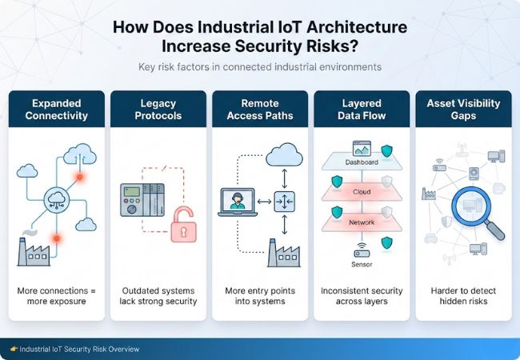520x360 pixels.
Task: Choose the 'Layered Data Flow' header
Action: click(x=361, y=109)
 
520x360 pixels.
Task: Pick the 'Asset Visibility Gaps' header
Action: click(x=462, y=109)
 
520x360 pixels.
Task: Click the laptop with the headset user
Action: click(x=237, y=200)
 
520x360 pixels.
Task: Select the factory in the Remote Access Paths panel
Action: click(x=285, y=250)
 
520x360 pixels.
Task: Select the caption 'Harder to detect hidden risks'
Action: click(x=462, y=295)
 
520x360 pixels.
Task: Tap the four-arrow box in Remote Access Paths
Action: click(x=284, y=200)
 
